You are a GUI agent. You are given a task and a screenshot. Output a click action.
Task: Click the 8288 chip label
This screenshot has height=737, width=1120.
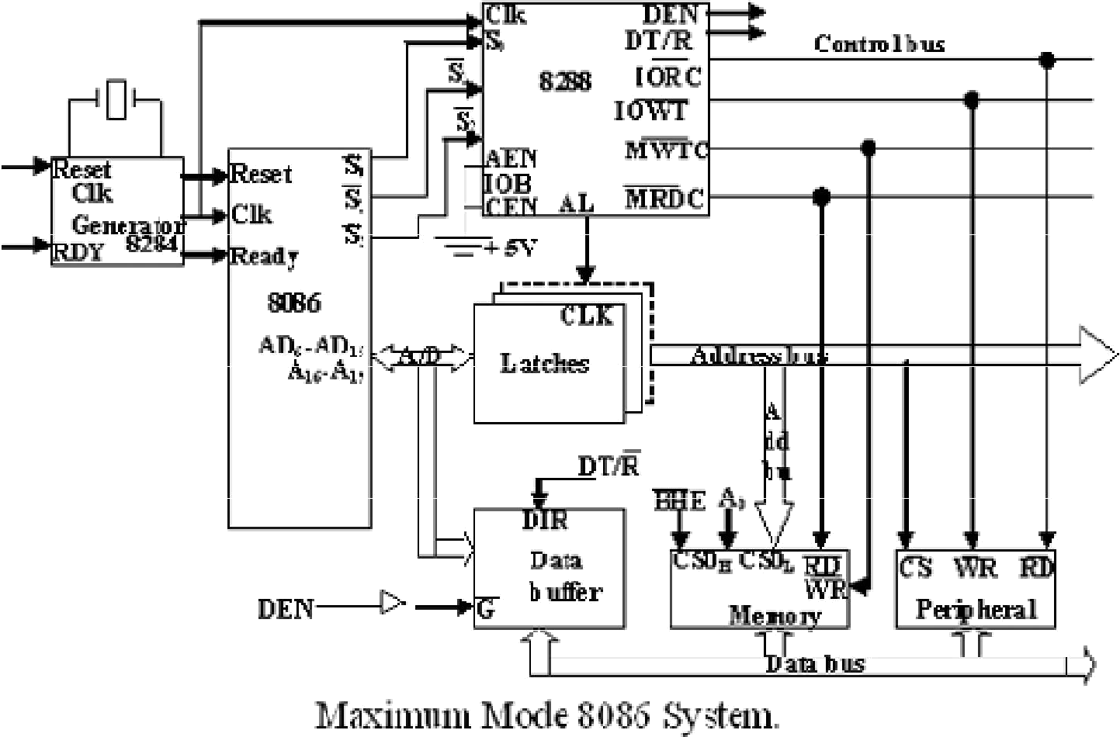pos(565,80)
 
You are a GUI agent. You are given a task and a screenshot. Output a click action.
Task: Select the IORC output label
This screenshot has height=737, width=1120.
pos(669,75)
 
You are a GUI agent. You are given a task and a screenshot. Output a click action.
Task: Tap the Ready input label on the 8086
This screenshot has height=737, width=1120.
pos(264,257)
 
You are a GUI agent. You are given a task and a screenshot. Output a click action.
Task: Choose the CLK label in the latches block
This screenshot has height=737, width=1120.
pos(588,315)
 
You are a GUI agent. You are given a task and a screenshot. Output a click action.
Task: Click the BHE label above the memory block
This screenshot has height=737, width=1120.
pos(680,500)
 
